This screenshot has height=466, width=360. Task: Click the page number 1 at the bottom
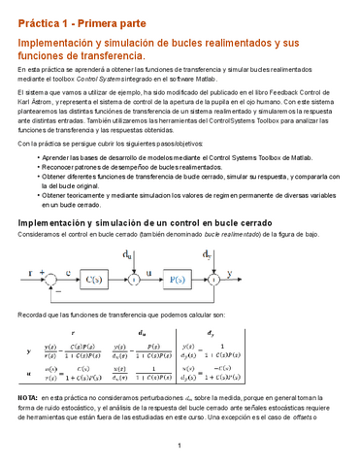point(180,446)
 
